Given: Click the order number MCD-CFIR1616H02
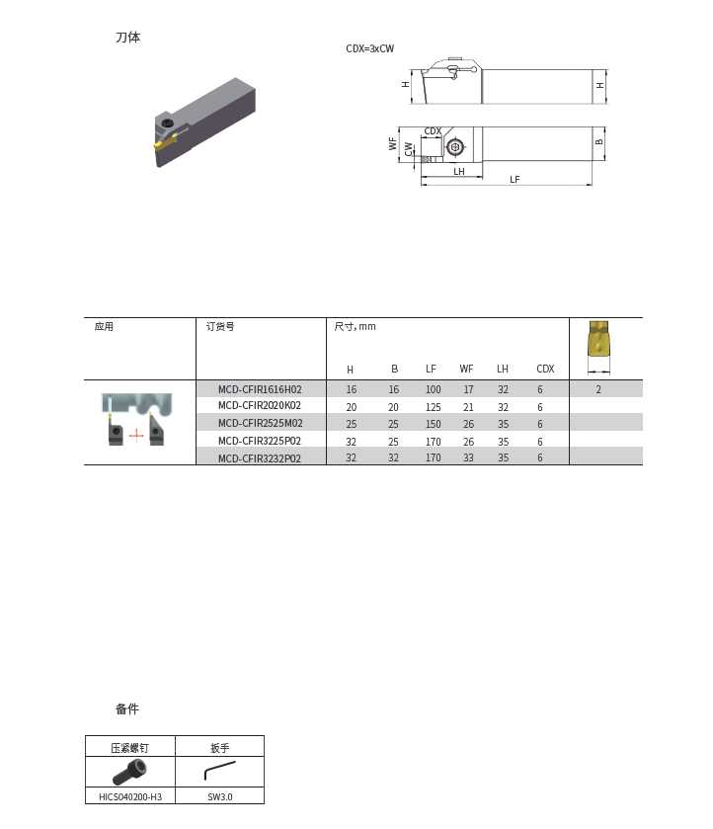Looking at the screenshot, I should tap(260, 389).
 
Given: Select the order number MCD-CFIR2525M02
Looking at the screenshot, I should tap(260, 423).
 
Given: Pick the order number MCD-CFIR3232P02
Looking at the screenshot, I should tap(260, 457).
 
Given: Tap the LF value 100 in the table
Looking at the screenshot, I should tap(433, 389).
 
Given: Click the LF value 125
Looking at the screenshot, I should tap(433, 406).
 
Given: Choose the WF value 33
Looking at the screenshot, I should tap(468, 457).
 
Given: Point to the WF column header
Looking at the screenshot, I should tap(466, 369).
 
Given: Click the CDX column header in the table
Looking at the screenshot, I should tap(545, 369).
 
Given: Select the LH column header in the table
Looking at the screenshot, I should tap(503, 369).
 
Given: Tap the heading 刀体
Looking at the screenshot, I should tap(128, 38).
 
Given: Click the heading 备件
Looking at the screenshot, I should tap(127, 708).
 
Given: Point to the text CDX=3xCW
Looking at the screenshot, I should tap(370, 48).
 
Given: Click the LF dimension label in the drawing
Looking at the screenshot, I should tap(515, 179).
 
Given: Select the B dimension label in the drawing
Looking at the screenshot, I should tap(599, 142).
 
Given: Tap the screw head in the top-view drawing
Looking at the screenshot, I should tap(454, 148).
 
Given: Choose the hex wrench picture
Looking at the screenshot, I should tap(219, 770).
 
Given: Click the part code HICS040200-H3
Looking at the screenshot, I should tap(130, 795).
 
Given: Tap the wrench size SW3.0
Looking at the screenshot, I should tap(220, 795).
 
